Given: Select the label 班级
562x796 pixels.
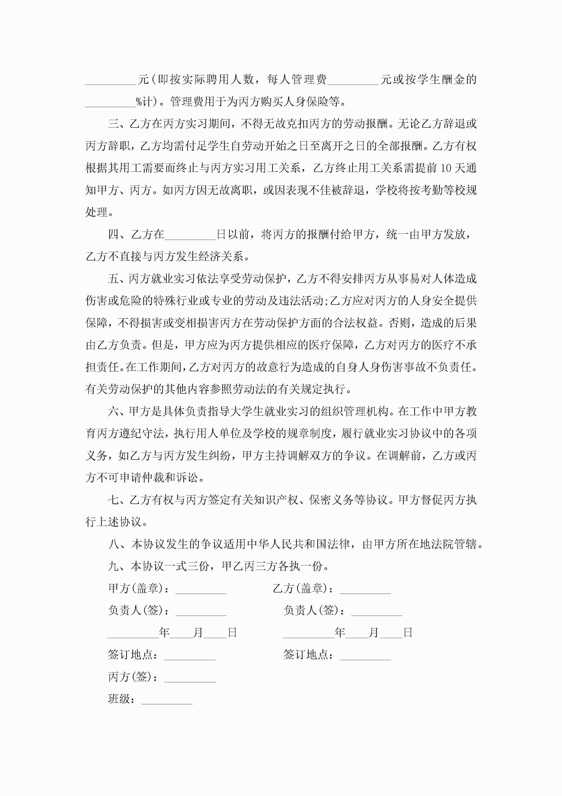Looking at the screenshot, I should pyautogui.click(x=119, y=699).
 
